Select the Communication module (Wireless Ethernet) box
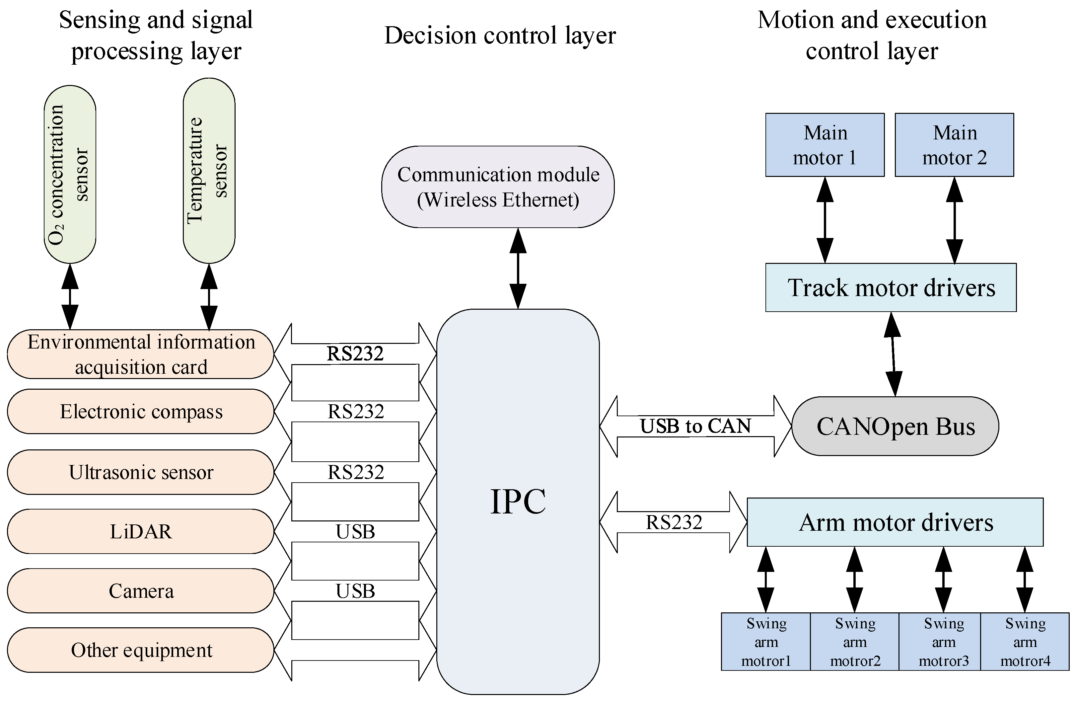pyautogui.click(x=498, y=187)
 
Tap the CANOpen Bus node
pyautogui.click(x=895, y=426)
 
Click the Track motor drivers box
pyautogui.click(x=891, y=288)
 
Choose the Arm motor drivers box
pyautogui.click(x=895, y=522)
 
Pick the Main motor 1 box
pyautogui.click(x=825, y=145)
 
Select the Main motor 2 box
pyautogui.click(x=954, y=145)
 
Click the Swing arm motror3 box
pyautogui.click(x=944, y=642)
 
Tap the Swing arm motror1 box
pyautogui.click(x=766, y=642)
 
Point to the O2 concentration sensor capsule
pyautogui.click(x=70, y=174)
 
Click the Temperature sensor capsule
pyautogui.click(x=209, y=171)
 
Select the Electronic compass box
pyautogui.click(x=141, y=412)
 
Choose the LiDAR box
pyautogui.click(x=141, y=531)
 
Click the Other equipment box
pyautogui.click(x=141, y=650)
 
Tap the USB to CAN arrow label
pyautogui.click(x=695, y=426)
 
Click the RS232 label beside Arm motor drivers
pyautogui.click(x=674, y=522)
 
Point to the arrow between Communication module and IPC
pyautogui.click(x=518, y=268)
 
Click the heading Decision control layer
pyautogui.click(x=500, y=35)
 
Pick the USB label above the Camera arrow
pyautogui.click(x=355, y=591)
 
